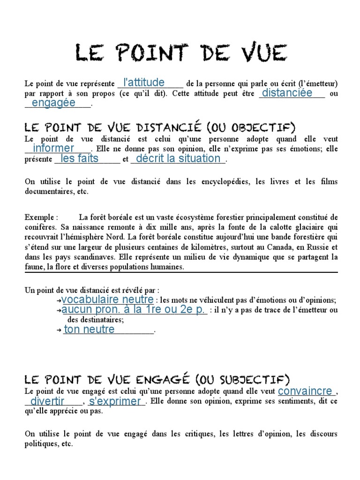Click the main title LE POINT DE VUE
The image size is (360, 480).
point(180,52)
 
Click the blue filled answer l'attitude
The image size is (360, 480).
point(141,82)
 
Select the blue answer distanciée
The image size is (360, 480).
point(287,93)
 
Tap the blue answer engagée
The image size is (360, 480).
point(53,103)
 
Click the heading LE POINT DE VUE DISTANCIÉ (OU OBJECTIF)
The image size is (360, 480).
point(160,127)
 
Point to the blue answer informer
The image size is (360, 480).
point(53,149)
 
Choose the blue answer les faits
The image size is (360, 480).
point(80,158)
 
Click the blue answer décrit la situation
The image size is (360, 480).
point(178,158)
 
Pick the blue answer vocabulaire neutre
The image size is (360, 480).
point(107,300)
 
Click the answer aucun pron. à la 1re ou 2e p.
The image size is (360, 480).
point(134,310)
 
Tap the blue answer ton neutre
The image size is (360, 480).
point(89,330)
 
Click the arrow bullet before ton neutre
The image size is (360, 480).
point(59,330)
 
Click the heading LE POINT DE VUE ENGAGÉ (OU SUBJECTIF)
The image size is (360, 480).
point(157,379)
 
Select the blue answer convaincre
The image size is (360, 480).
point(305,391)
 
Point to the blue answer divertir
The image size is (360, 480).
point(47,401)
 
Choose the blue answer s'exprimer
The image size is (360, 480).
point(115,401)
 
